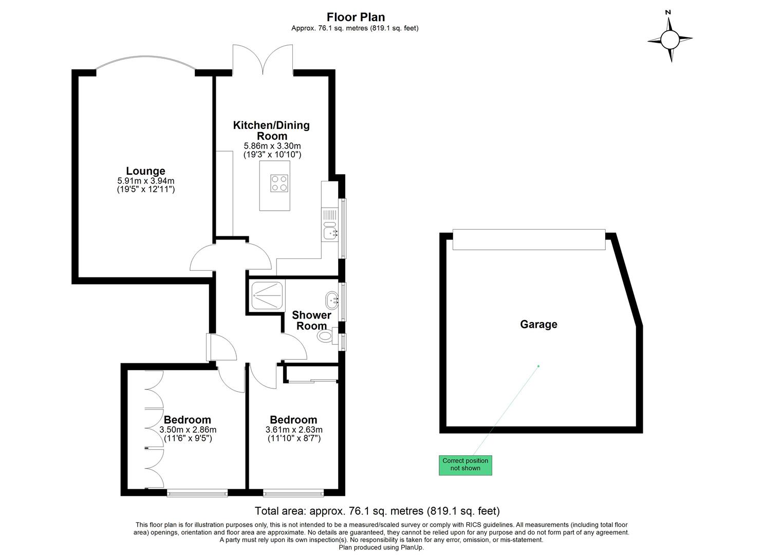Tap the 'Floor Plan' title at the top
[x=356, y=17]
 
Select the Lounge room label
[x=146, y=171]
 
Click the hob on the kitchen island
[x=279, y=183]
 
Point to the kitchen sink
[x=330, y=232]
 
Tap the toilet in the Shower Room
[x=326, y=337]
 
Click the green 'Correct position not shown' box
[x=465, y=465]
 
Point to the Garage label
[x=538, y=324]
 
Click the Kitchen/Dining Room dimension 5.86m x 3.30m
[x=272, y=146]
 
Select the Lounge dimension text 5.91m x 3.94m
[x=146, y=181]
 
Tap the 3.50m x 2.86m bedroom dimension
[x=188, y=430]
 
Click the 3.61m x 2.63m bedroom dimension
[x=294, y=430]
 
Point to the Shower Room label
[x=311, y=320]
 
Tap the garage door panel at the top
[x=529, y=239]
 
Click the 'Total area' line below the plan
[x=377, y=511]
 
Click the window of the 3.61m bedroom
[x=294, y=493]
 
